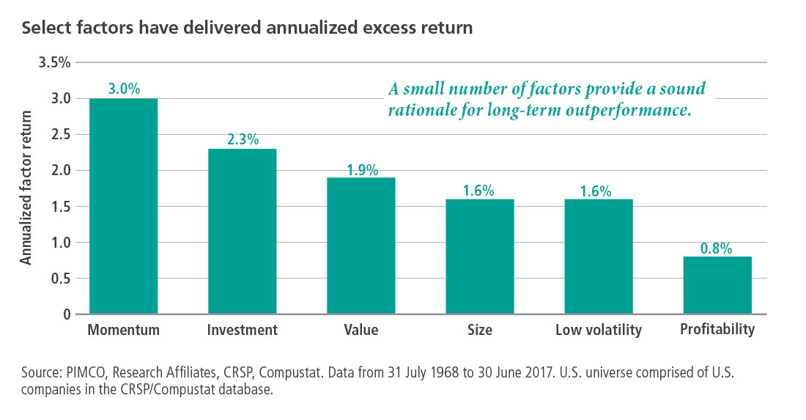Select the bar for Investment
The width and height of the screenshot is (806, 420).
pos(243,232)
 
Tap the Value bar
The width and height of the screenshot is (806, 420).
pos(361,246)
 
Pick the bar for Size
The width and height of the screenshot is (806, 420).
pos(480,257)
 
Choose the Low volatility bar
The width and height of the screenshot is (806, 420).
pos(599,257)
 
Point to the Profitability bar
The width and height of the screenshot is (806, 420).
pos(717,285)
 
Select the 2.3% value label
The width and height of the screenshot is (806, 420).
pos(243,140)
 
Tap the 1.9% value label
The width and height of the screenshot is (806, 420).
pos(361,169)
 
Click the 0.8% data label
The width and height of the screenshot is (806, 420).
pos(717,248)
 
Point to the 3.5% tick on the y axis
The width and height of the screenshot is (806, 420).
pos(54,63)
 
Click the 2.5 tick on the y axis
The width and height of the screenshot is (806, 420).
pos(60,135)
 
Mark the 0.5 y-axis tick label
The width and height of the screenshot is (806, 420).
pos(60,279)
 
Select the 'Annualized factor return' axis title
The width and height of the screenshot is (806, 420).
pos(26,188)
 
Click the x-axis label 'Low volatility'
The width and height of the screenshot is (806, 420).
pos(599,331)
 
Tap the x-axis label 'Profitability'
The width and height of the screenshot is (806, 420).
pos(717,330)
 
